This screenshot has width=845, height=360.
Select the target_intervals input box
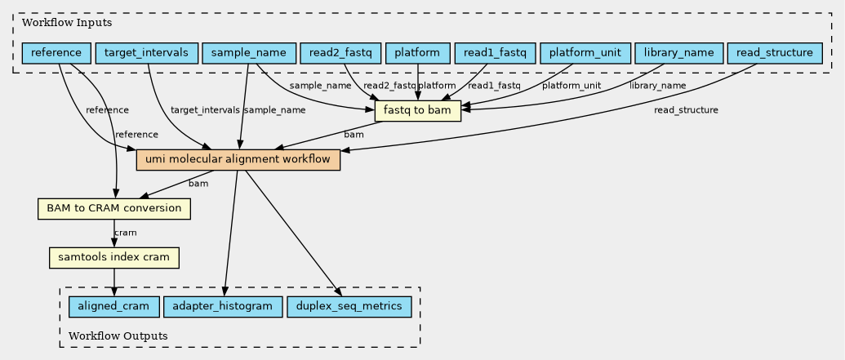tap(147, 54)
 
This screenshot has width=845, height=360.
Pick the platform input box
tap(417, 54)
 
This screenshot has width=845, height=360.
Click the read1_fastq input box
tap(494, 54)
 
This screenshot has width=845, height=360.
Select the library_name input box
tap(678, 54)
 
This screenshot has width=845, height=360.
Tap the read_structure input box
tap(775, 54)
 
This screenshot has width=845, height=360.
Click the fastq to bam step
tap(418, 110)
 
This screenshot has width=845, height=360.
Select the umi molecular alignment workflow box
tap(238, 160)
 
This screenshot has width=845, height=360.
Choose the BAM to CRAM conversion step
tap(114, 209)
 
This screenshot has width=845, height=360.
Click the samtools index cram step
tap(114, 258)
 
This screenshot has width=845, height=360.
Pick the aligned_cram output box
tap(113, 307)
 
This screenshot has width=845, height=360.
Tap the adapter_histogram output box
tap(224, 307)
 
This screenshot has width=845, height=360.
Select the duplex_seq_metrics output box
tap(349, 307)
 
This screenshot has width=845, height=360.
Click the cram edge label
tap(126, 233)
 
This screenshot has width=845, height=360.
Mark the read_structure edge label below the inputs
tap(686, 110)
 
